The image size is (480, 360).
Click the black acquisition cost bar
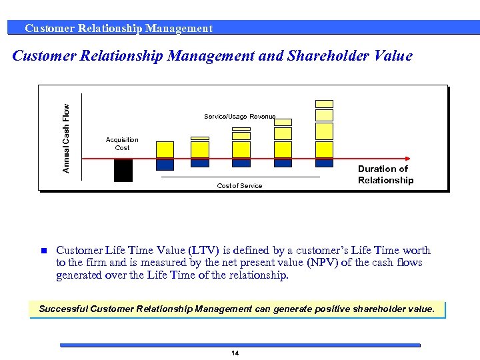123,170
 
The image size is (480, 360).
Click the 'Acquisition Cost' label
122,143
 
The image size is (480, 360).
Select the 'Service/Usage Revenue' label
239,117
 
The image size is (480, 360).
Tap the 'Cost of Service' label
239,185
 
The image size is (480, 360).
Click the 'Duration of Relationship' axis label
385,175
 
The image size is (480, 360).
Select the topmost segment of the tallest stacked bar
324,103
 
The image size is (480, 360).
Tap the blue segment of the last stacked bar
324,163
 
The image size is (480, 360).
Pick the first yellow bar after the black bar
165,149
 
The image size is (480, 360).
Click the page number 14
235,353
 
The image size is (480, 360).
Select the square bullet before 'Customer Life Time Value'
41,251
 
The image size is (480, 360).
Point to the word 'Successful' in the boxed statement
63,309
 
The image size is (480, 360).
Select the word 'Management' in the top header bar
179,28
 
